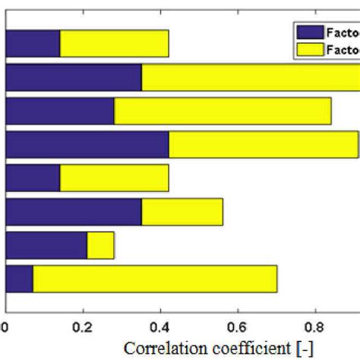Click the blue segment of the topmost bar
pyautogui.click(x=33, y=44)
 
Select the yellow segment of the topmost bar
pyautogui.click(x=114, y=44)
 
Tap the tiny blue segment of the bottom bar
pyautogui.click(x=19, y=279)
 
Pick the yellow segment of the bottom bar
pyautogui.click(x=155, y=279)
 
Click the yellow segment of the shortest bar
pyautogui.click(x=100, y=245)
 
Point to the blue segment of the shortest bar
pyautogui.click(x=46, y=245)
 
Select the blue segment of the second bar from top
pyautogui.click(x=74, y=77)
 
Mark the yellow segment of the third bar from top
pyautogui.click(x=223, y=111)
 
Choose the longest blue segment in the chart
pyautogui.click(x=87, y=144)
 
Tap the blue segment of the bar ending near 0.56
pyautogui.click(x=74, y=212)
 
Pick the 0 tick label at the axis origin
pyautogui.click(x=6, y=328)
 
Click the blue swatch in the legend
pyautogui.click(x=308, y=33)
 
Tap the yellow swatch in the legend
pyautogui.click(x=308, y=49)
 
